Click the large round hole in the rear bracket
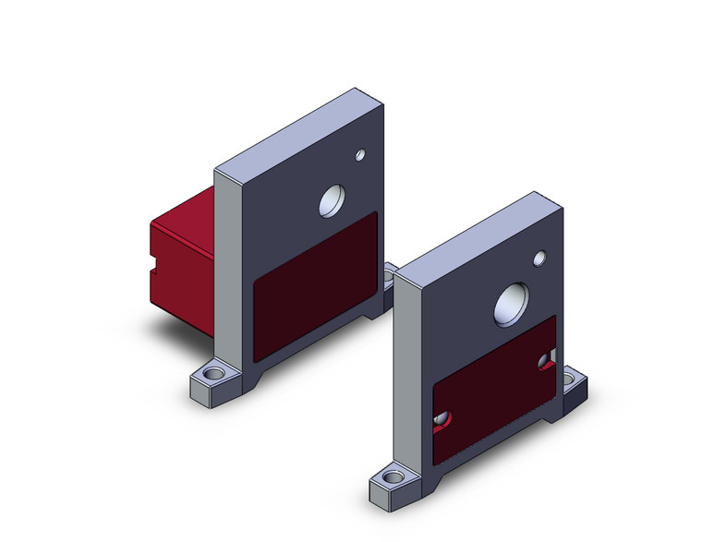tap(331, 199)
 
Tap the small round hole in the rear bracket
tap(360, 155)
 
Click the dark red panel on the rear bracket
tap(314, 286)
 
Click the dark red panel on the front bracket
tap(494, 388)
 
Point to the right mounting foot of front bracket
tap(574, 379)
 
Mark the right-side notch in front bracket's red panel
tap(548, 359)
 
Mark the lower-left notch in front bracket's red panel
tap(442, 421)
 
